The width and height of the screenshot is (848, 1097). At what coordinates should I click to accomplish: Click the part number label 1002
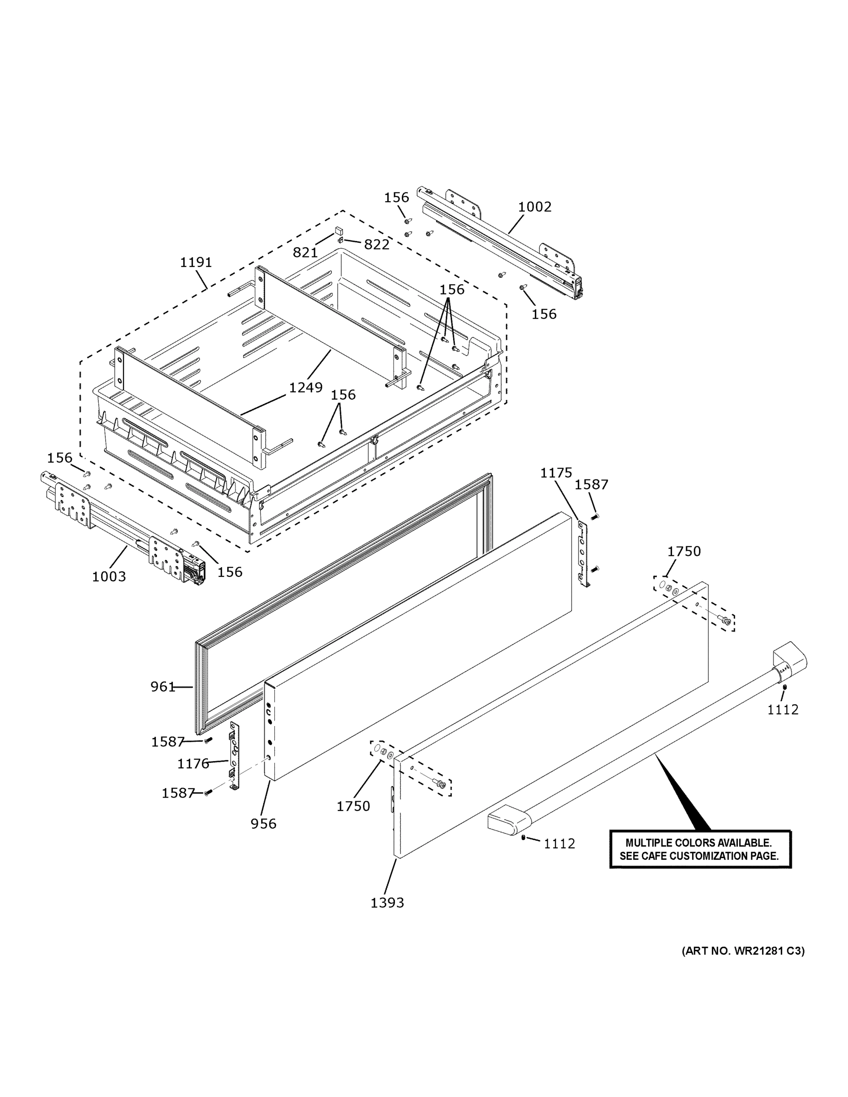click(x=534, y=207)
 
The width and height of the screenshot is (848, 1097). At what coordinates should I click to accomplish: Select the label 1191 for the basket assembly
click(x=196, y=262)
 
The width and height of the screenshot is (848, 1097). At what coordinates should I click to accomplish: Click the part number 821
click(x=305, y=253)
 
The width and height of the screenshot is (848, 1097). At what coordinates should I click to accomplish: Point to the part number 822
click(x=376, y=245)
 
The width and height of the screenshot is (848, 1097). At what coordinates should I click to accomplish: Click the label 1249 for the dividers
click(x=305, y=388)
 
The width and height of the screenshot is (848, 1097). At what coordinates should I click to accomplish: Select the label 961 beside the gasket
click(x=162, y=687)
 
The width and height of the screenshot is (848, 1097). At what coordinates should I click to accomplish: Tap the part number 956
click(x=263, y=824)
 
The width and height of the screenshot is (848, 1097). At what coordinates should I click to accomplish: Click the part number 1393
click(x=387, y=903)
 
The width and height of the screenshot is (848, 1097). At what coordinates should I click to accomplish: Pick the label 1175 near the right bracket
click(x=556, y=473)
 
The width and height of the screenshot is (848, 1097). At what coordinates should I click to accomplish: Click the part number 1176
click(x=193, y=764)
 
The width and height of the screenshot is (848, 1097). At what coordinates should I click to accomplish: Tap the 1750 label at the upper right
click(x=684, y=552)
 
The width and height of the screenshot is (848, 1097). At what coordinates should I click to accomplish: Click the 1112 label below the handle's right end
click(x=782, y=710)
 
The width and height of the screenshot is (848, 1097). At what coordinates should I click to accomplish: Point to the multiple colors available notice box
click(x=700, y=849)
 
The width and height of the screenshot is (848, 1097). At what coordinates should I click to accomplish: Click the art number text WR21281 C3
click(x=742, y=951)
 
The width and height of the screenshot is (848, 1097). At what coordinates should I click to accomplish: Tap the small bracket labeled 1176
click(x=234, y=756)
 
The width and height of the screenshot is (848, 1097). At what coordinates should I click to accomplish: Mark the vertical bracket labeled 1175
click(x=584, y=553)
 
